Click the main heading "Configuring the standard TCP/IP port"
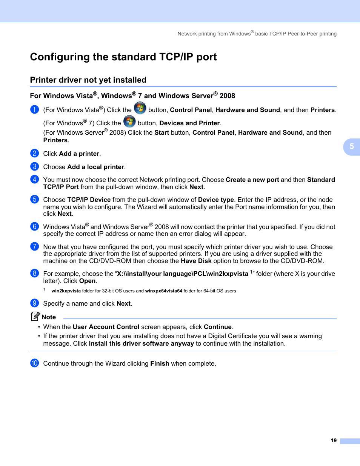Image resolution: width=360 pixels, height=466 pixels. coord(123,57)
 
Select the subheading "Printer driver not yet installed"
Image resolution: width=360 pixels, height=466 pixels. coord(88,80)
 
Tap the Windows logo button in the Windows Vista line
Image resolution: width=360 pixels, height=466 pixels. coord(140,108)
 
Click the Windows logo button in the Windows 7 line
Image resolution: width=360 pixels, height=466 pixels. coord(129,121)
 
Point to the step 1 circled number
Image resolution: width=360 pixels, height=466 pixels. coord(34,110)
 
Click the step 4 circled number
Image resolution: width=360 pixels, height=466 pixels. coord(34,180)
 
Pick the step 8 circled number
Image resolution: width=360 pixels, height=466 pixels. coord(34,273)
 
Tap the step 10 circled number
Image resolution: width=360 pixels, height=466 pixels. coord(34,363)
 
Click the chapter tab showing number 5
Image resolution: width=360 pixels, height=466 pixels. coord(352,147)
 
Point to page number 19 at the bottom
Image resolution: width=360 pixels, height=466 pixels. coord(334,440)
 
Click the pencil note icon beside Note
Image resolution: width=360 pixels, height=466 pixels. coord(35,316)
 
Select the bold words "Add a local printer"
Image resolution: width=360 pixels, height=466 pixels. coord(95,167)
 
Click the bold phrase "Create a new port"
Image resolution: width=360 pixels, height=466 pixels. coord(252,180)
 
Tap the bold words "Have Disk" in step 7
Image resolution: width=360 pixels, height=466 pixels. coord(196,261)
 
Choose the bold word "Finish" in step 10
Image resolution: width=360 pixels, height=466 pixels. coord(160,363)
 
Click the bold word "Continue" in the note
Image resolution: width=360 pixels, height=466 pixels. coord(218,327)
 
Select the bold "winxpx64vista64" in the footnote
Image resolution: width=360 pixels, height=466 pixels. coord(163,291)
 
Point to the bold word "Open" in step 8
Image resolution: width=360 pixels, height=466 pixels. coord(87,281)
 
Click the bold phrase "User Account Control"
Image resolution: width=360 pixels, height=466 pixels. coord(106,327)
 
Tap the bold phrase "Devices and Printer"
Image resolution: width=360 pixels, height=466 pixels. coord(189,123)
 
